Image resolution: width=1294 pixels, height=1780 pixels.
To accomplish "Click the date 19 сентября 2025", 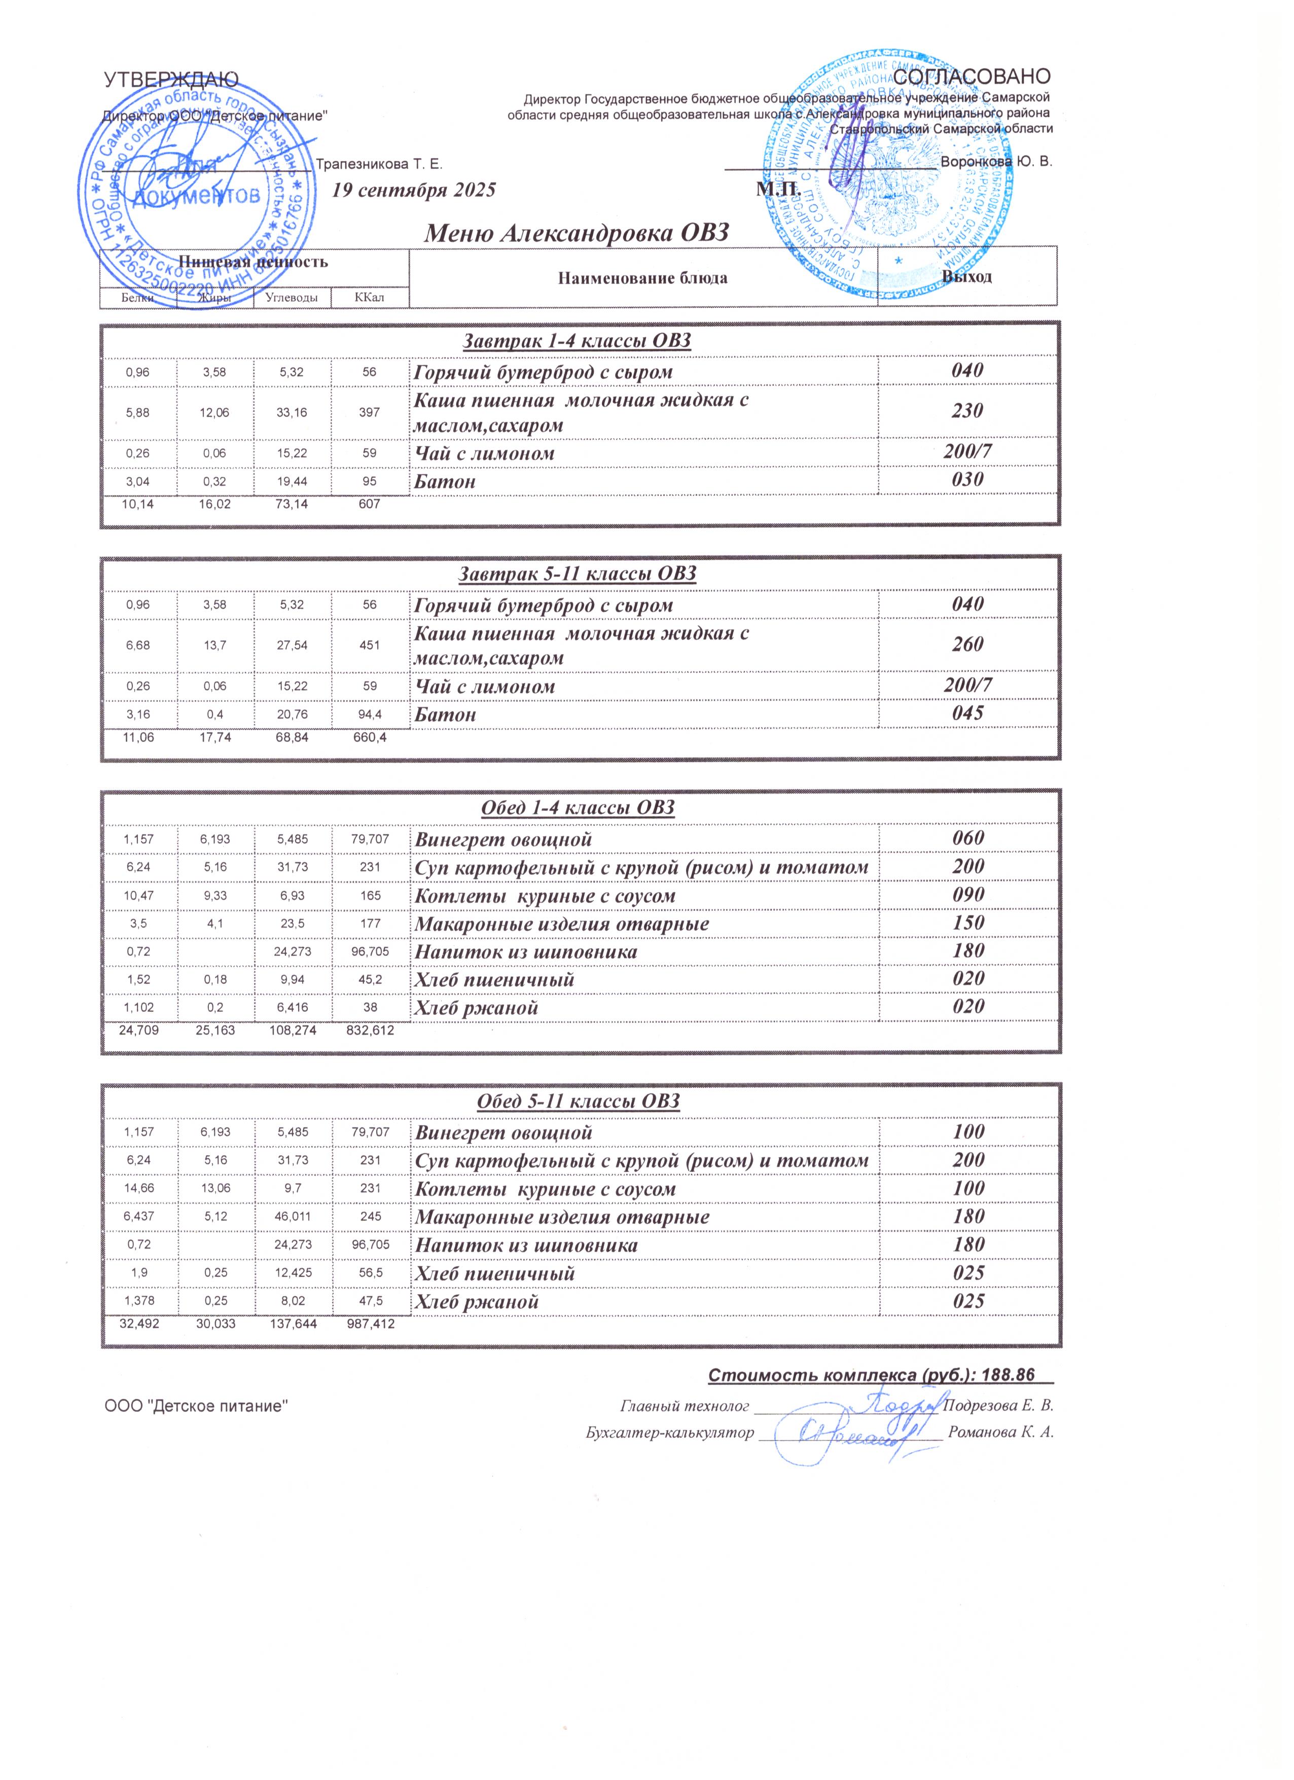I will (x=414, y=190).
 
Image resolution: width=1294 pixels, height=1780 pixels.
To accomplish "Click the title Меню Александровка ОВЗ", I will (x=577, y=233).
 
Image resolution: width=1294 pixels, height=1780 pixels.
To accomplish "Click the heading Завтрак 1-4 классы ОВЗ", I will (x=577, y=341).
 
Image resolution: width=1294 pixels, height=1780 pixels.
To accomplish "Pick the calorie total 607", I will (x=369, y=504).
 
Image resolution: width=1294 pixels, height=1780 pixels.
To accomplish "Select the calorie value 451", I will (x=369, y=645).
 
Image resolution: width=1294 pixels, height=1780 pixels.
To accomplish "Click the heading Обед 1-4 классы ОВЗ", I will (x=577, y=807).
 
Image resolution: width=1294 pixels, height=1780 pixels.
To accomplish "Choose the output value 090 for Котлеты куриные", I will (x=967, y=895).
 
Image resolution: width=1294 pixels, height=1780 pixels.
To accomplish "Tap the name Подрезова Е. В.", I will (x=998, y=1405).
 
